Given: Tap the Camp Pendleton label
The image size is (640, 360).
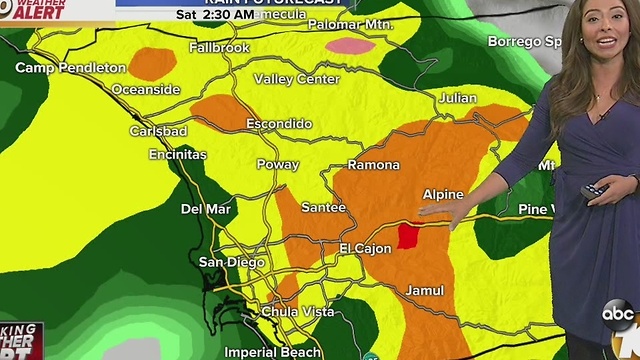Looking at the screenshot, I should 70,68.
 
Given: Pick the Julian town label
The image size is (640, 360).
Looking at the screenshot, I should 457,97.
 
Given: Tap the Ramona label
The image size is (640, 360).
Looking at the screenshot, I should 373,165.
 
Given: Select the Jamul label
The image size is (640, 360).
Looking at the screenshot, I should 424,291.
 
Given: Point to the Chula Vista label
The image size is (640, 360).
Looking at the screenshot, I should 297,312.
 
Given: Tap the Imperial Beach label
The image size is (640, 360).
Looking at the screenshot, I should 272,352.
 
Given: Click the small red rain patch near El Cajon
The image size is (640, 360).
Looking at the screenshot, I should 408,237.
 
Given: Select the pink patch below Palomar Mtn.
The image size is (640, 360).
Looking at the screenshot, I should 349,44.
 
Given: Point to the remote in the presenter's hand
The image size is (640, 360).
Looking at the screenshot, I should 596,191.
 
